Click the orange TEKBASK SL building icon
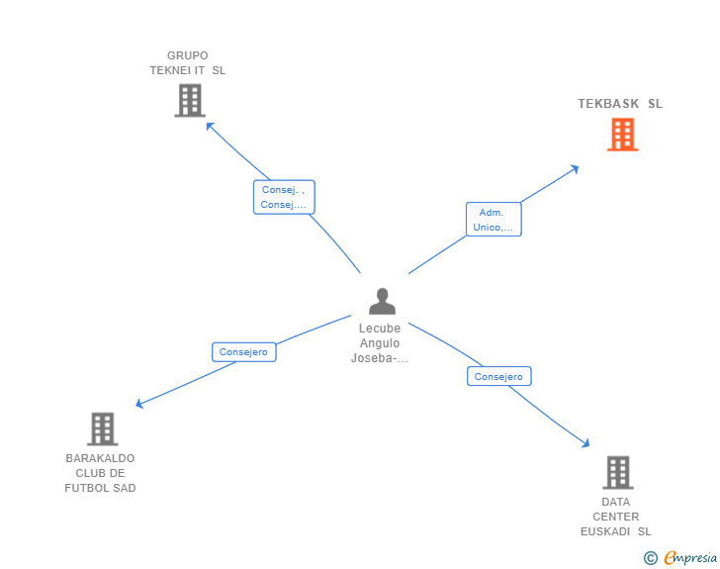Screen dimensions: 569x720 pyautogui.click(x=622, y=135)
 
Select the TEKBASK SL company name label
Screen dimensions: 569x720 pyautogui.click(x=620, y=104)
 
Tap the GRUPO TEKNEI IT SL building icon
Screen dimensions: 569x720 pyautogui.click(x=189, y=101)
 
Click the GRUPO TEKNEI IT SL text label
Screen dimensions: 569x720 pyautogui.click(x=188, y=63)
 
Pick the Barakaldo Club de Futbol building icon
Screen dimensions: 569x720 pyautogui.click(x=102, y=429)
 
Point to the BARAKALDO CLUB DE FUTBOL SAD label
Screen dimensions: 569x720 pyautogui.click(x=100, y=473)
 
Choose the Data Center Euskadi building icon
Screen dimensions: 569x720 pyautogui.click(x=617, y=473)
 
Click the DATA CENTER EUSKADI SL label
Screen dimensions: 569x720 pyautogui.click(x=615, y=517)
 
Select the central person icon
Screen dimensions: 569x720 pyautogui.click(x=381, y=301)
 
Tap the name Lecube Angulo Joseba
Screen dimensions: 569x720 pyautogui.click(x=380, y=343)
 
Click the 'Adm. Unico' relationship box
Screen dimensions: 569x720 pyautogui.click(x=493, y=220)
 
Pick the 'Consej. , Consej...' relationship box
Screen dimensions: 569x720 pyautogui.click(x=283, y=197)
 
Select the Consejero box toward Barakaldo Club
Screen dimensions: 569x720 pyautogui.click(x=243, y=351)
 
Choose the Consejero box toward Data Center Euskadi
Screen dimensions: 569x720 pyautogui.click(x=498, y=376)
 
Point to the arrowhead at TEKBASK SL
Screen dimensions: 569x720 pyautogui.click(x=575, y=168)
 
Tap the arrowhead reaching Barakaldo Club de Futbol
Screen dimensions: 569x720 pyautogui.click(x=139, y=404)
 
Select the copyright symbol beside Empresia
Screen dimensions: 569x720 pyautogui.click(x=650, y=558)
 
